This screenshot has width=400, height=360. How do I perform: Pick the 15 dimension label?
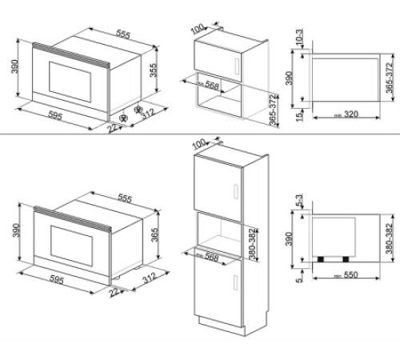[297, 117]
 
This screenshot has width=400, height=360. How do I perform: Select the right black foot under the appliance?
[346, 258]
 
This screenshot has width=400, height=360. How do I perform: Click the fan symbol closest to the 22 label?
[123, 121]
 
